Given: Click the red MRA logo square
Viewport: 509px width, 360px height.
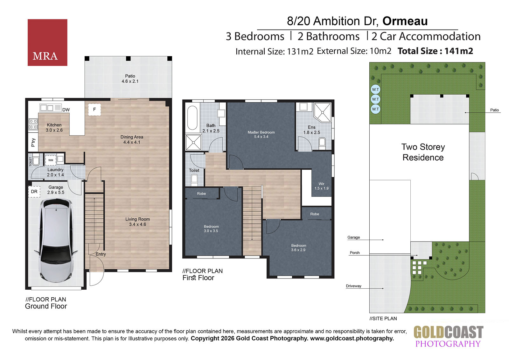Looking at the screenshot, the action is (x=47, y=43).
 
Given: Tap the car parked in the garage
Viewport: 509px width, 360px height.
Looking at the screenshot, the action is (x=56, y=241).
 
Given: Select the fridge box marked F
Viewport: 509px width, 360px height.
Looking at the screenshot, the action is (x=94, y=109).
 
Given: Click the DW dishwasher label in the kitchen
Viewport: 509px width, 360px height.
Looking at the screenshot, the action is (x=66, y=110).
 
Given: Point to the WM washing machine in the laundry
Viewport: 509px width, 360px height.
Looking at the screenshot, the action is (x=51, y=160).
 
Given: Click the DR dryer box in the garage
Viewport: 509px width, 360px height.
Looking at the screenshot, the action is (x=34, y=192).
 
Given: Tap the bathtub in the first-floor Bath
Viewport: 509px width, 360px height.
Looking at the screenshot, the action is (x=192, y=117).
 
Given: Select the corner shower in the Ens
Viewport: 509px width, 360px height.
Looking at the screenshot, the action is (x=323, y=112).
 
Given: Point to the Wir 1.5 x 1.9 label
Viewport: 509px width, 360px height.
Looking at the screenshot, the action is (x=321, y=186).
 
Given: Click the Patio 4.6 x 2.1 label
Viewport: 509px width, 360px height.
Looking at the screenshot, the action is (x=130, y=79).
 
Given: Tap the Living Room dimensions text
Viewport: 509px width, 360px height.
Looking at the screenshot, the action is (x=137, y=224).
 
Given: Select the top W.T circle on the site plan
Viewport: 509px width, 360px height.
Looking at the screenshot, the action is (x=375, y=89).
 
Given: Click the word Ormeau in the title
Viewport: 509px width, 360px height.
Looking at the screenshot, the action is (x=405, y=21).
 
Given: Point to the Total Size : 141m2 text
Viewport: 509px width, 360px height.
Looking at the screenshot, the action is (x=435, y=51).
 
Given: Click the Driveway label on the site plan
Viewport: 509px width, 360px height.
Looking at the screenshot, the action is (x=353, y=286).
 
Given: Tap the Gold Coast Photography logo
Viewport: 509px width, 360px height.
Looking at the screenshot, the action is (x=448, y=336).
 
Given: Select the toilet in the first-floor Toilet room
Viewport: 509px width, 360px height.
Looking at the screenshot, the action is (x=194, y=179).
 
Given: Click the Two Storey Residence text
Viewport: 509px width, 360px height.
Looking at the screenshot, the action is (x=423, y=152).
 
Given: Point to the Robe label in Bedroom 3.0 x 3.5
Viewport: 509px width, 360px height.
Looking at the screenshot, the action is (x=201, y=194).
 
